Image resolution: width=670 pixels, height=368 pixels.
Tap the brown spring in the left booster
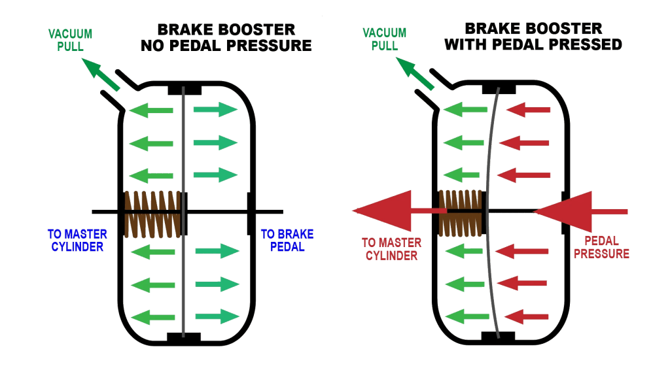pos(152,214)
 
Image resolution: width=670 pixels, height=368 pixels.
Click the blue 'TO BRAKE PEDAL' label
pos(287,240)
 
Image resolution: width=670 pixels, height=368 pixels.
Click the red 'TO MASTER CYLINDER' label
pos(391,249)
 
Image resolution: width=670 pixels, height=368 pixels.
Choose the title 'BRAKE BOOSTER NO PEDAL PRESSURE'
pos(234,38)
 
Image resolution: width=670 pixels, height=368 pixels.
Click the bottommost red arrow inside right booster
pos(530,318)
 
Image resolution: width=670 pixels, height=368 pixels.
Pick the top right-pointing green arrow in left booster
pos(215,109)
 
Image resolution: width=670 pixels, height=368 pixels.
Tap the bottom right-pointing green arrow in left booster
pos(218,316)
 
